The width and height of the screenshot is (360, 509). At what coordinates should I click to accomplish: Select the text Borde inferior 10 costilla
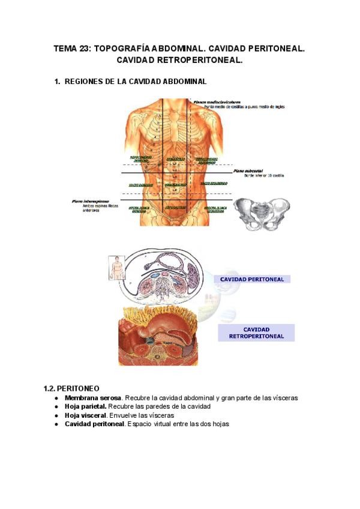pos(264,176)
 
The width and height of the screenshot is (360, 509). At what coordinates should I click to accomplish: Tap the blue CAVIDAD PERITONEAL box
pos(252,279)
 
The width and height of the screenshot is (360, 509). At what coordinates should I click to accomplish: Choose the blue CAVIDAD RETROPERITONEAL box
pos(256,333)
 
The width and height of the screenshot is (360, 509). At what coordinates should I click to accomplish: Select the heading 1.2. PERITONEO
pos(72,388)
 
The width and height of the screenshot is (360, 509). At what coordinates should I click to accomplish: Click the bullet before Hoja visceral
pos(56,415)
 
